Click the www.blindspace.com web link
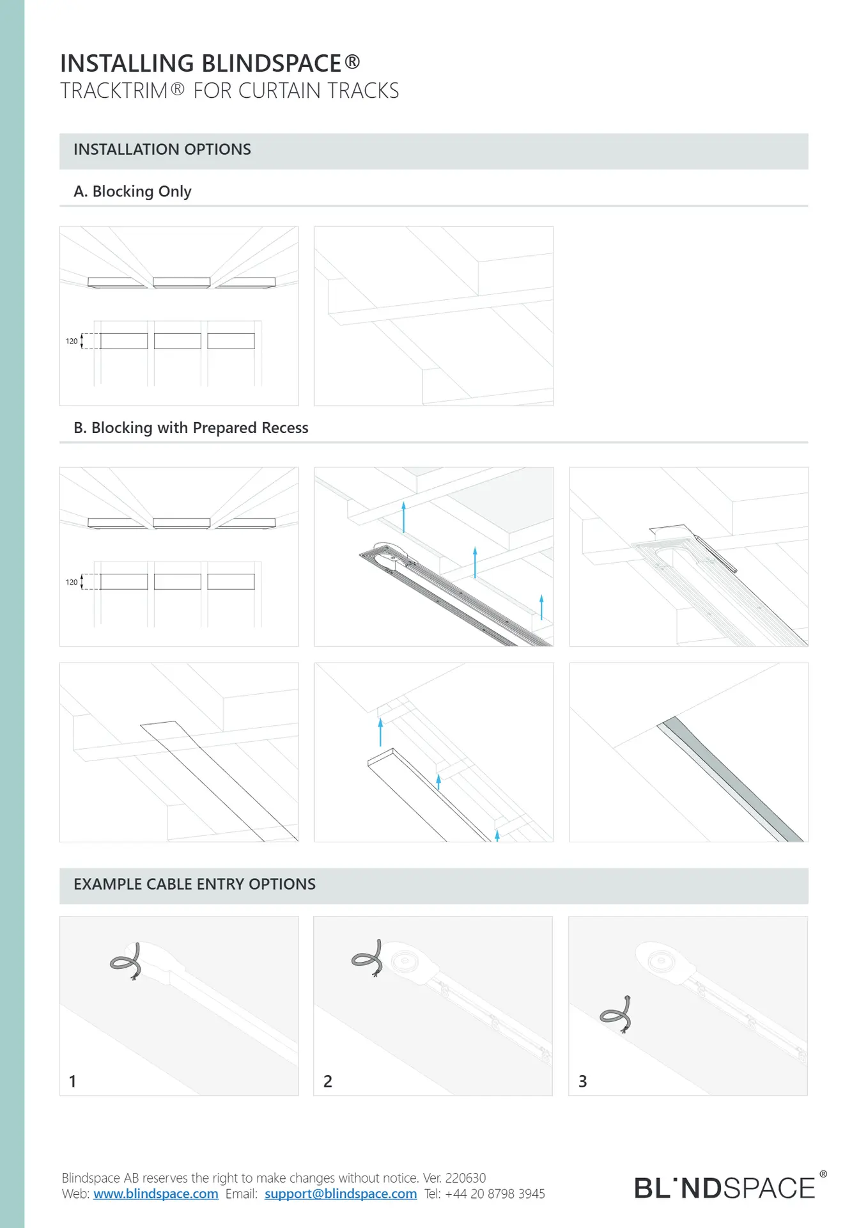(155, 1193)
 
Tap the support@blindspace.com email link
(340, 1193)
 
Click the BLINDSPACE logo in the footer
(725, 1188)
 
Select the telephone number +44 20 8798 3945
(495, 1193)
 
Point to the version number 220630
(465, 1177)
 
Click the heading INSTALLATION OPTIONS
(162, 150)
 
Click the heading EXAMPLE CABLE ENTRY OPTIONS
(194, 884)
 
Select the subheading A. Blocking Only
(132, 191)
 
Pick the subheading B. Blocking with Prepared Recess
(190, 428)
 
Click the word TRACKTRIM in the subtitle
(114, 91)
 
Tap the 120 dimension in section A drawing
(72, 342)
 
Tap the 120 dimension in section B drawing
(72, 582)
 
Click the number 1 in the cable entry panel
(73, 1081)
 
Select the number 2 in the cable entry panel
(328, 1081)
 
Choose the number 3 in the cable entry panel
(582, 1081)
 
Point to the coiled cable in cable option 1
(127, 961)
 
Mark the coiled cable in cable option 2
(368, 958)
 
